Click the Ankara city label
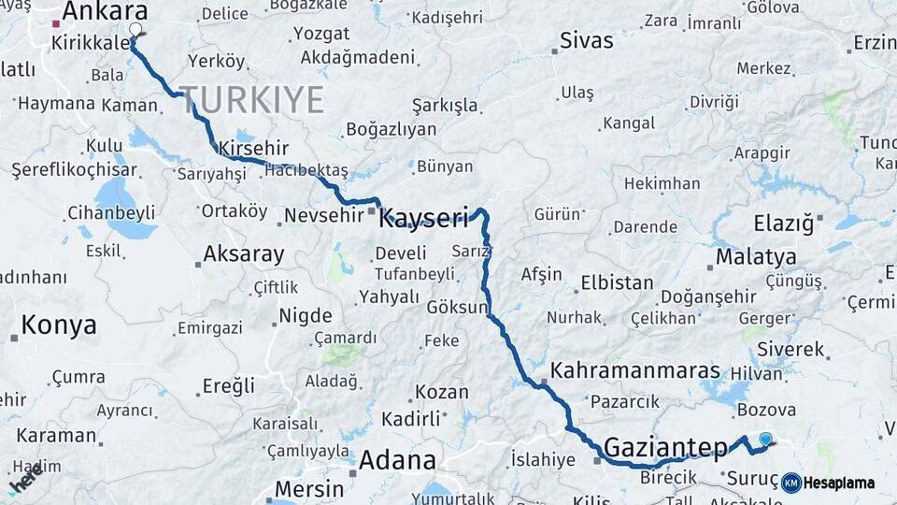(105, 12)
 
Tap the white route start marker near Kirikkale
(135, 30)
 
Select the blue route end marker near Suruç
(766, 439)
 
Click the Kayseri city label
(423, 220)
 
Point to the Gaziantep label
(665, 447)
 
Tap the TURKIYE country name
(251, 100)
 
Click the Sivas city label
(587, 41)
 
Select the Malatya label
(756, 257)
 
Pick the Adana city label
(398, 460)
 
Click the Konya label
(59, 325)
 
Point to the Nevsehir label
(323, 216)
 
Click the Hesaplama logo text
(839, 483)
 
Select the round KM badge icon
(791, 483)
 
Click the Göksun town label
(457, 308)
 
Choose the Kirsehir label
(253, 149)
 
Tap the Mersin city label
(307, 488)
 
